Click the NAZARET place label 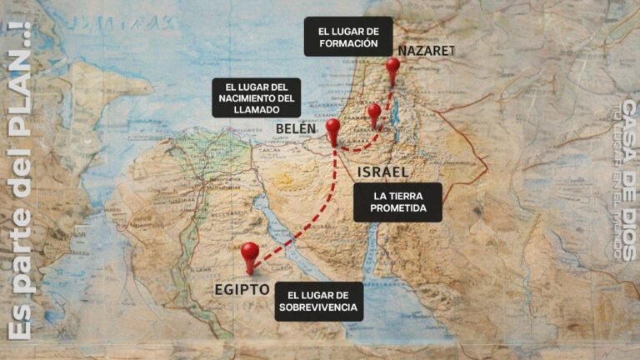click(x=426, y=51)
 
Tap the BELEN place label click(x=296, y=129)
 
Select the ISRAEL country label click(x=382, y=172)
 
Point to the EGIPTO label click(x=241, y=290)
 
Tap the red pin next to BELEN click(x=333, y=128)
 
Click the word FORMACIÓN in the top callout click(x=348, y=43)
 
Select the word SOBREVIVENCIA click(x=320, y=307)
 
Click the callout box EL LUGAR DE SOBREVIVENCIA click(x=320, y=302)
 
